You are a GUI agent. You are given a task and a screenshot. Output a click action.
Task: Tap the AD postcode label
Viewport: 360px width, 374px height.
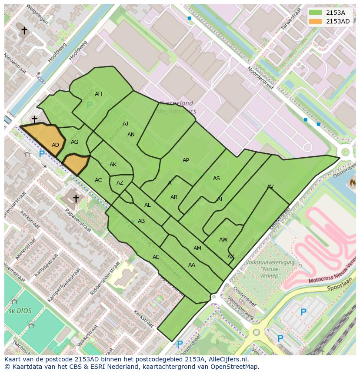click(x=55, y=145)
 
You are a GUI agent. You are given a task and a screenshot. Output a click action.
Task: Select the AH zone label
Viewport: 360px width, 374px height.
click(x=98, y=94)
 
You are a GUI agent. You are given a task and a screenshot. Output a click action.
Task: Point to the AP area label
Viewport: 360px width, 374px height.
click(x=186, y=160)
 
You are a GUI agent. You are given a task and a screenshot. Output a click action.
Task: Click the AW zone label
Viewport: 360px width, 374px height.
click(x=223, y=240)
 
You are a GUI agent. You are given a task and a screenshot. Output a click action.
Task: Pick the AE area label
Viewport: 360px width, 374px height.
click(x=156, y=257)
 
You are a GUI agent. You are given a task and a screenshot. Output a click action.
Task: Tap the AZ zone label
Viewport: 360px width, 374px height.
click(x=120, y=183)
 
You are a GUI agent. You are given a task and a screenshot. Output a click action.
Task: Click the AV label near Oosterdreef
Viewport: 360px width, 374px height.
click(x=270, y=187)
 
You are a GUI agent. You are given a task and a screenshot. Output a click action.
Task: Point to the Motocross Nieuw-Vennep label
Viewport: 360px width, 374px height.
click(x=332, y=278)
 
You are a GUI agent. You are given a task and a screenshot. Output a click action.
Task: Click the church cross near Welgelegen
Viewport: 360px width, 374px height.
click(x=24, y=30)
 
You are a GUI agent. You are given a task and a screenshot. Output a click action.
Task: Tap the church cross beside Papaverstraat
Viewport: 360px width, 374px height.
click(x=76, y=199)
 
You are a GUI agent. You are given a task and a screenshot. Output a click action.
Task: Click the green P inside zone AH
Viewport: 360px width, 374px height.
click(x=90, y=105)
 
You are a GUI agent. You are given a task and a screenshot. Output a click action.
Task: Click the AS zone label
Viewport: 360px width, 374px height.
click(x=216, y=179)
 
